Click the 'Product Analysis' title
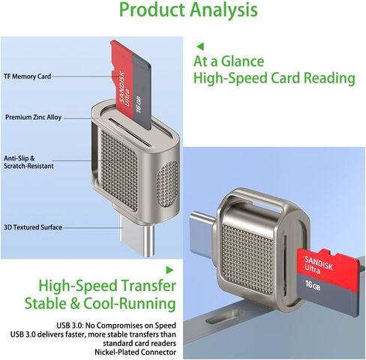pos(188,10)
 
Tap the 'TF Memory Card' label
pos(28,76)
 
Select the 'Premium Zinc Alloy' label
pos(34,117)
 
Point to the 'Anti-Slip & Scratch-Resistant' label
pos(28,162)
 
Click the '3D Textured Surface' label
pos(33,227)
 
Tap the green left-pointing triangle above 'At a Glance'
pos(200,46)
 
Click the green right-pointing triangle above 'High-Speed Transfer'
pos(169,270)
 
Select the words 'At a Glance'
pos(229,61)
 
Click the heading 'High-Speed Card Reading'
pos(274,78)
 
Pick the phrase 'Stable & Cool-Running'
pos(100,304)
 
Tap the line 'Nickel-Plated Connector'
pos(135,352)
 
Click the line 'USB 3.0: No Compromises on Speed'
pos(116,325)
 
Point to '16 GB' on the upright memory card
pos(139,103)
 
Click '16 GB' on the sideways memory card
pos(313,285)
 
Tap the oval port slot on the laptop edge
pos(222,316)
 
